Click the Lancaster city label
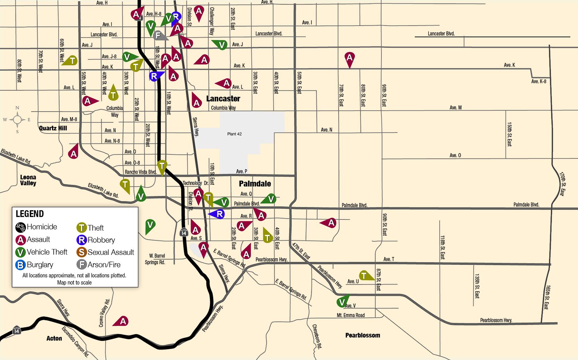point(223,99)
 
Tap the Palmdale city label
point(255,184)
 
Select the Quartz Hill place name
point(53,128)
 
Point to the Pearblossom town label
point(362,335)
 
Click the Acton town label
point(54,338)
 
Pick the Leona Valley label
point(28,180)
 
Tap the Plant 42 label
point(234,134)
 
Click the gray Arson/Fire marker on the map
point(158,35)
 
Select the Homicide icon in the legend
point(20,227)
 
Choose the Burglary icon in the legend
point(20,265)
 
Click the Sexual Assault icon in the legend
point(81,252)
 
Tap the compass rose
point(17,120)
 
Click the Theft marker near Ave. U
point(364,276)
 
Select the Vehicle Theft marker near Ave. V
point(342,302)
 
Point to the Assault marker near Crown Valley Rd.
point(123,322)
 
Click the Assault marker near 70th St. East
point(350,58)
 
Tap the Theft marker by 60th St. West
point(72,61)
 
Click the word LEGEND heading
point(30,214)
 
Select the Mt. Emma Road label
point(351,315)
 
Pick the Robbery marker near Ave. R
point(219,214)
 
